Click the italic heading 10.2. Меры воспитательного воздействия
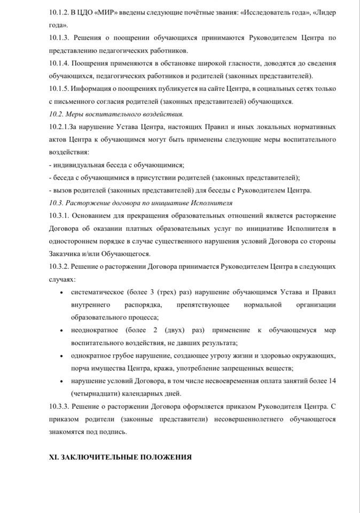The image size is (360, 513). pos(116,113)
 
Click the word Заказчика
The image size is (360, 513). pos(65,254)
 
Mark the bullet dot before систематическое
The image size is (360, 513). pos(64,292)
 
